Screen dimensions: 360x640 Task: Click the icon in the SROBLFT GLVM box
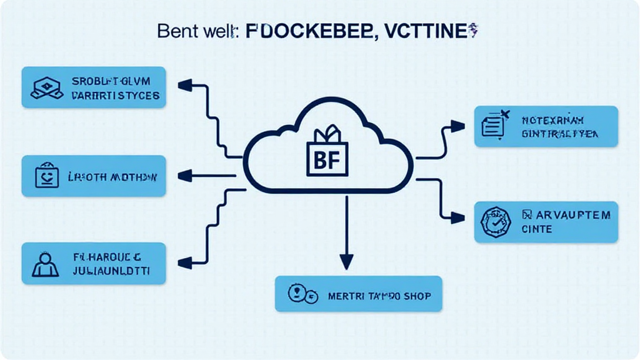click(46, 88)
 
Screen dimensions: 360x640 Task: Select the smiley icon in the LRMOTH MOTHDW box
click(45, 176)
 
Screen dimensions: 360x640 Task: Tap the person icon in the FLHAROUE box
click(45, 264)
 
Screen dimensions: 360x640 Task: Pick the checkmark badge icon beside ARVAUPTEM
click(495, 222)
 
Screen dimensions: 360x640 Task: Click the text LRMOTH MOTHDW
click(112, 177)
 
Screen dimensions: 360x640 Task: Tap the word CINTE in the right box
click(537, 229)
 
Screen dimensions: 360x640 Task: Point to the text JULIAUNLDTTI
click(111, 272)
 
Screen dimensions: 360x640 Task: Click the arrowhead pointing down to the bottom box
click(346, 262)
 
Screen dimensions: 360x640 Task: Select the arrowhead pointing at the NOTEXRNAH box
click(458, 127)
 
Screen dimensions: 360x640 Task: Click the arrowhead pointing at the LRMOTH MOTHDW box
click(184, 177)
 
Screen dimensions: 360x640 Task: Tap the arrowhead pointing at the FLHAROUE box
click(184, 262)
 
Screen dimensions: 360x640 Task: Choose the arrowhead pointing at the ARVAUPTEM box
click(458, 217)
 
